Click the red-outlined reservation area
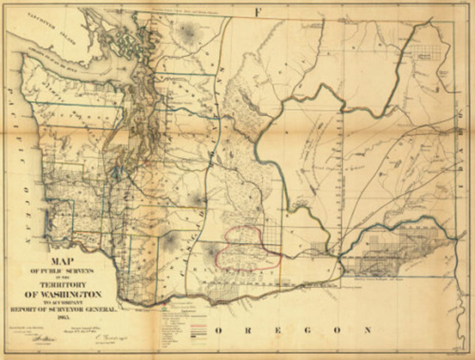point(248,247)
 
